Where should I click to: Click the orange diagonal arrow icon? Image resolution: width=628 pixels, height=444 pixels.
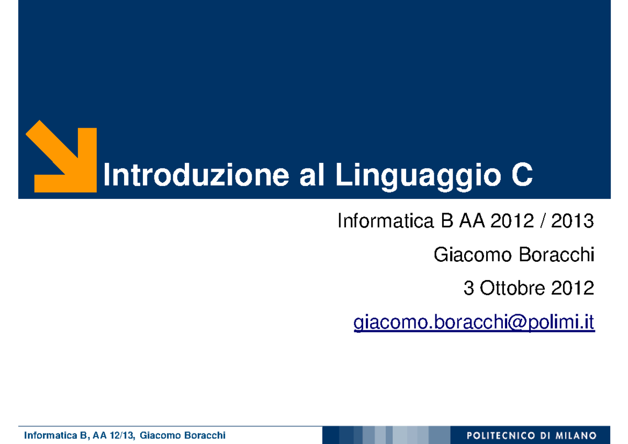click(x=62, y=156)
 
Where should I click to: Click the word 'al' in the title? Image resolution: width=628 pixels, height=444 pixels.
click(x=311, y=175)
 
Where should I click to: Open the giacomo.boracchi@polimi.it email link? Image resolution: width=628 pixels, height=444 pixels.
click(x=474, y=323)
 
